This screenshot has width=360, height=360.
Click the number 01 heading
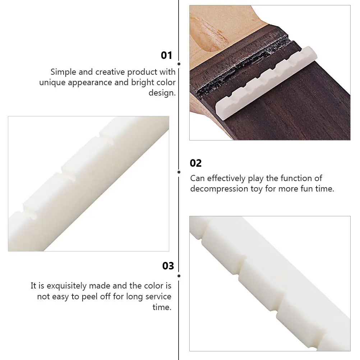(x=166, y=55)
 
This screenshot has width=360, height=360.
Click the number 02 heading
(x=195, y=163)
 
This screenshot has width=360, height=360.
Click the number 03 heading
(x=168, y=266)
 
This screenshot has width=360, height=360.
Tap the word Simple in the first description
(x=63, y=72)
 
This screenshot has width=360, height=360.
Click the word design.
(x=162, y=93)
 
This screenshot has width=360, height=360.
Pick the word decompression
(x=219, y=189)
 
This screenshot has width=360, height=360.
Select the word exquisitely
(x=66, y=286)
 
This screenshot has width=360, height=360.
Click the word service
(x=158, y=296)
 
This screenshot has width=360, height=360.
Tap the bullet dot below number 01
(x=179, y=64)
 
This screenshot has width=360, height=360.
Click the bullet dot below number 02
(x=179, y=172)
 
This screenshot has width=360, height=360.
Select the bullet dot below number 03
(x=179, y=276)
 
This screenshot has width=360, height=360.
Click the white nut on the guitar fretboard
(x=266, y=83)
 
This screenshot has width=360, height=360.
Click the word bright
(x=142, y=83)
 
